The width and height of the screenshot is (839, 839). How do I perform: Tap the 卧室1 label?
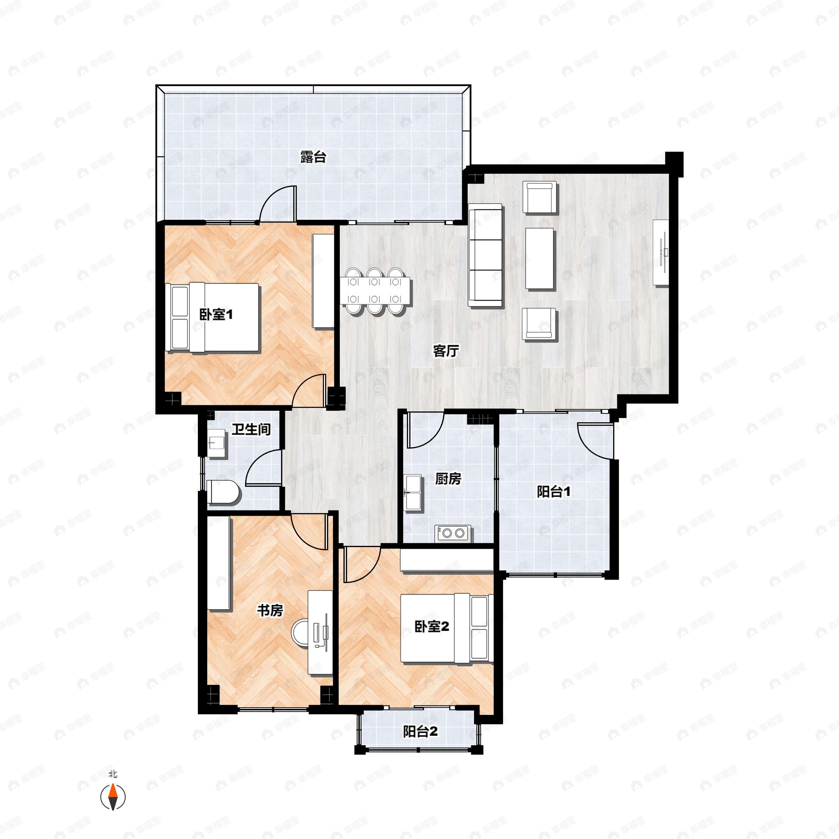tap(216, 314)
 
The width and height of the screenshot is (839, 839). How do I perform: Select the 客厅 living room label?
tap(446, 351)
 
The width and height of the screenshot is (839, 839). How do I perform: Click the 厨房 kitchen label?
tap(448, 479)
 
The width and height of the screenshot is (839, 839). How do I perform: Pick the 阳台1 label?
tap(554, 492)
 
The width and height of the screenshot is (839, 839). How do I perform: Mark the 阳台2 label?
tap(420, 732)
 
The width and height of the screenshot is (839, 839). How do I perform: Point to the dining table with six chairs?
tap(376, 291)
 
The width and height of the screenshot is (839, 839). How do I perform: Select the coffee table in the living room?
tap(540, 258)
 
